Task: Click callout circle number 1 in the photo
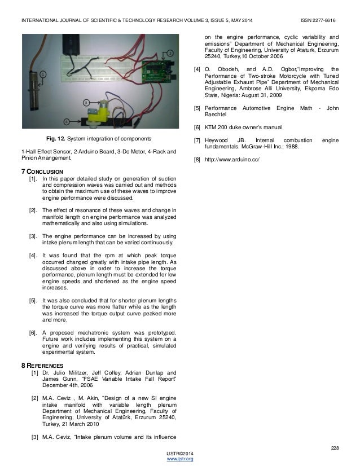[42, 74]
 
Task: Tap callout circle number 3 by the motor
[86, 102]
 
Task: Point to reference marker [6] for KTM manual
[196, 127]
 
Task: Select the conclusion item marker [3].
[33, 236]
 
